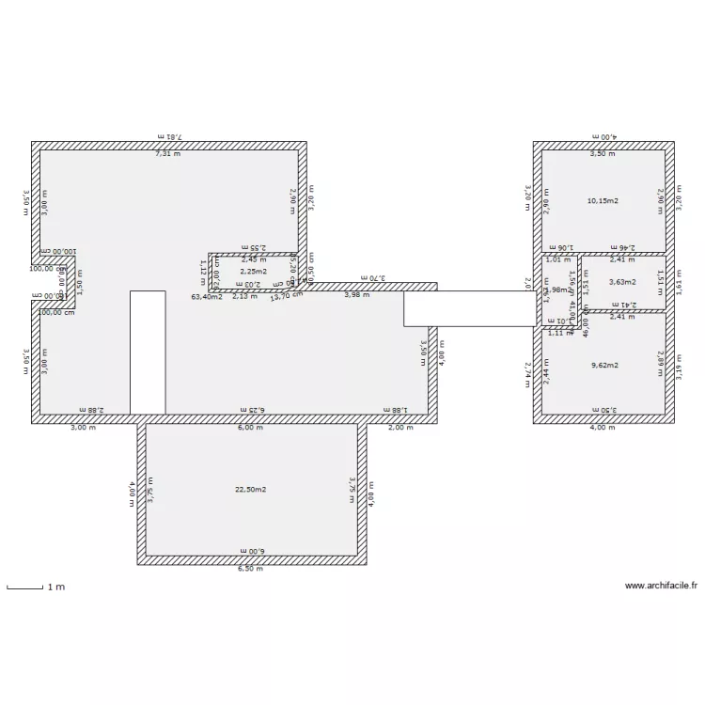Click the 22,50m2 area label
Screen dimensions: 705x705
[251, 490]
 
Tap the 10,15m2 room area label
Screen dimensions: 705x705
[603, 201]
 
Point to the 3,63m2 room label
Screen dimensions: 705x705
[622, 282]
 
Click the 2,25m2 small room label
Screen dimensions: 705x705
[254, 272]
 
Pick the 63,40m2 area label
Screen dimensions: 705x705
[207, 297]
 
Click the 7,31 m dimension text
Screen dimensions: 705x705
[167, 153]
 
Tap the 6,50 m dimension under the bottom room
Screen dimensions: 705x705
[250, 569]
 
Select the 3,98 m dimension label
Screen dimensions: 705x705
[356, 295]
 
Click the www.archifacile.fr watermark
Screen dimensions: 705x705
[661, 586]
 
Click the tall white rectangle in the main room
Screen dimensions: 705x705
[148, 352]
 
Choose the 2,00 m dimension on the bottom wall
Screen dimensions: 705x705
[400, 427]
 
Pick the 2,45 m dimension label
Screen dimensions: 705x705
[254, 260]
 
